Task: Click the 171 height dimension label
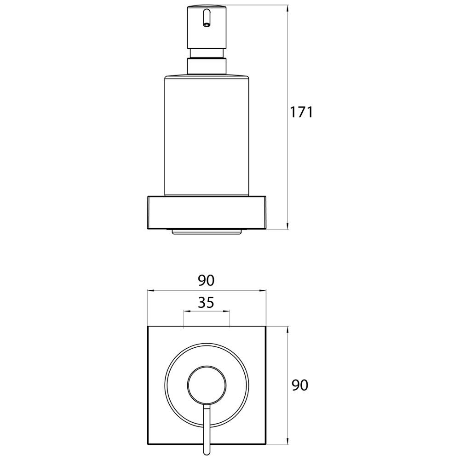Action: [x=302, y=112]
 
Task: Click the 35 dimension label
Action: [x=206, y=303]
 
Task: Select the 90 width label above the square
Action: [x=206, y=281]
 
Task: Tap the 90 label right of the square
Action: [x=300, y=385]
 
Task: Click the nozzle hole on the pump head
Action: [x=207, y=25]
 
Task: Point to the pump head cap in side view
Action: [x=207, y=27]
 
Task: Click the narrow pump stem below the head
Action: [x=207, y=53]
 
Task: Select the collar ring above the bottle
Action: [x=207, y=67]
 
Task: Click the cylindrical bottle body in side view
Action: [x=207, y=136]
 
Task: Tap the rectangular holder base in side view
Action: [x=207, y=212]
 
